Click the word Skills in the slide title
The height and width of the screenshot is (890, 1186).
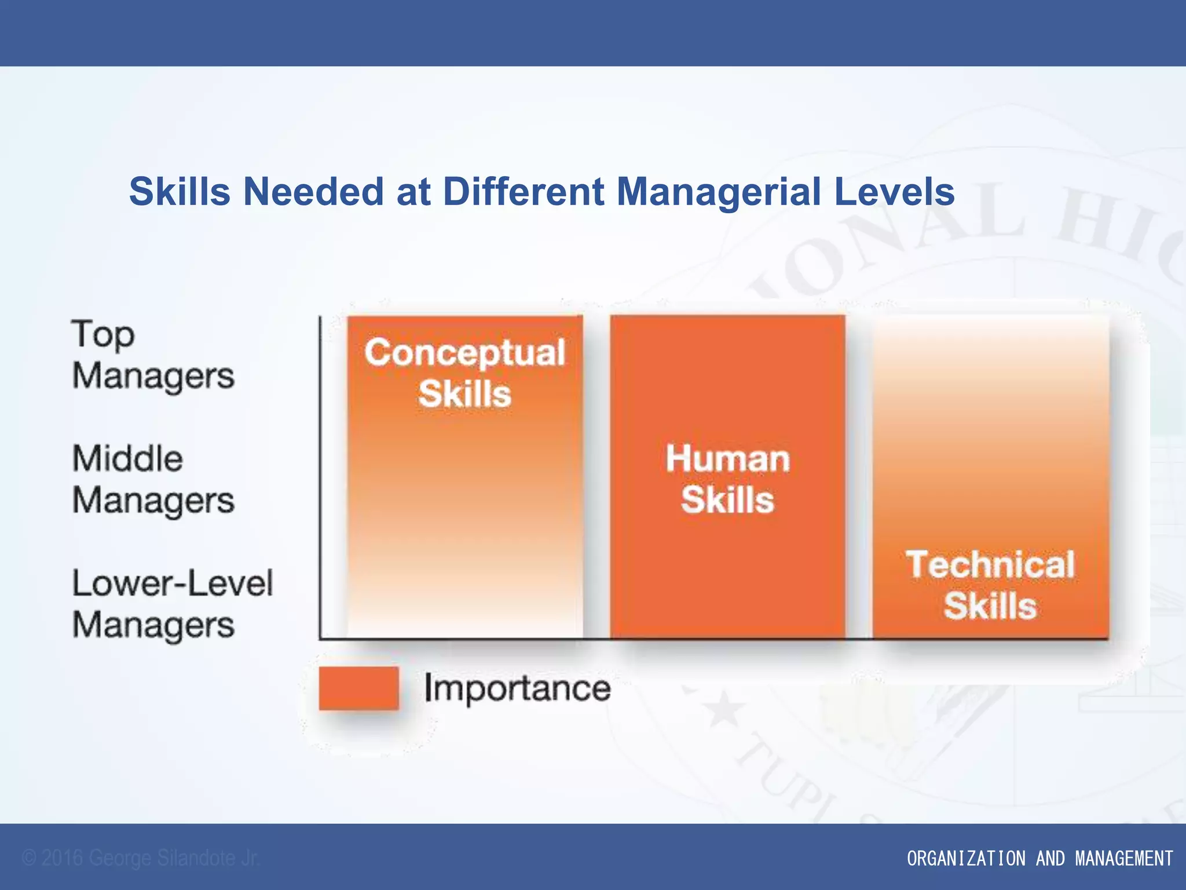pos(180,192)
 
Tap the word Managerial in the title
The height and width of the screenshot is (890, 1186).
pos(718,192)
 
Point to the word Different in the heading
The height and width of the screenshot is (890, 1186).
pos(524,192)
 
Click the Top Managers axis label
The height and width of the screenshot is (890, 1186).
pos(153,355)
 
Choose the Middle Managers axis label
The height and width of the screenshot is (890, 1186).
pos(153,479)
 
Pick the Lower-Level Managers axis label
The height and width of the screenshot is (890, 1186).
pos(172,604)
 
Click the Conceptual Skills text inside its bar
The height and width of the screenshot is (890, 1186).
pos(465,373)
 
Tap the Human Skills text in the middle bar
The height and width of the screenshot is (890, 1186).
pos(728,479)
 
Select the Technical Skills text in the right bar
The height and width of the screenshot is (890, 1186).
pos(990,585)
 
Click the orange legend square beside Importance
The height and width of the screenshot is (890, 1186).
pos(359,688)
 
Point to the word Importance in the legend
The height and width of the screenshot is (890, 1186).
pos(517,688)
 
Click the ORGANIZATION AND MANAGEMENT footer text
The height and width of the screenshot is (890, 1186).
pos(1039,858)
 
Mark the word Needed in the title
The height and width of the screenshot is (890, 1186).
pos(313,192)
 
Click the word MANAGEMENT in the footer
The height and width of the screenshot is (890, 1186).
pos(1124,858)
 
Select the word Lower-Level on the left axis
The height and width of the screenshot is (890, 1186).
pos(172,583)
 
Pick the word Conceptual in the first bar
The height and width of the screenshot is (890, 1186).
pos(465,352)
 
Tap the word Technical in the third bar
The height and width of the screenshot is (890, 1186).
pos(990,564)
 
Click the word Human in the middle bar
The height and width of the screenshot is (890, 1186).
pos(728,458)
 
